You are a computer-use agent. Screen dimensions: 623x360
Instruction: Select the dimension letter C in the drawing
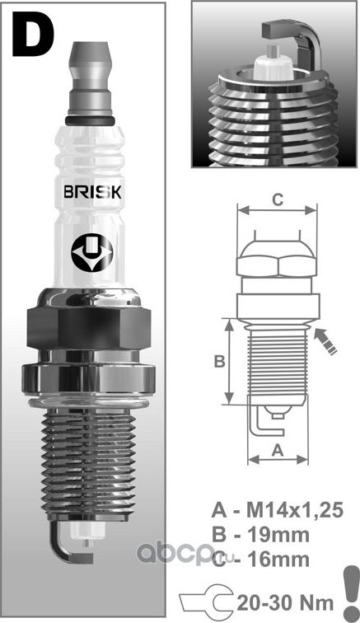coord(278,199)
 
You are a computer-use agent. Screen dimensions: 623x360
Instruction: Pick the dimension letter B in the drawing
coord(219,361)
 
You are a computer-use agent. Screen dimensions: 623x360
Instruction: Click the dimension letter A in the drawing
coord(278,449)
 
